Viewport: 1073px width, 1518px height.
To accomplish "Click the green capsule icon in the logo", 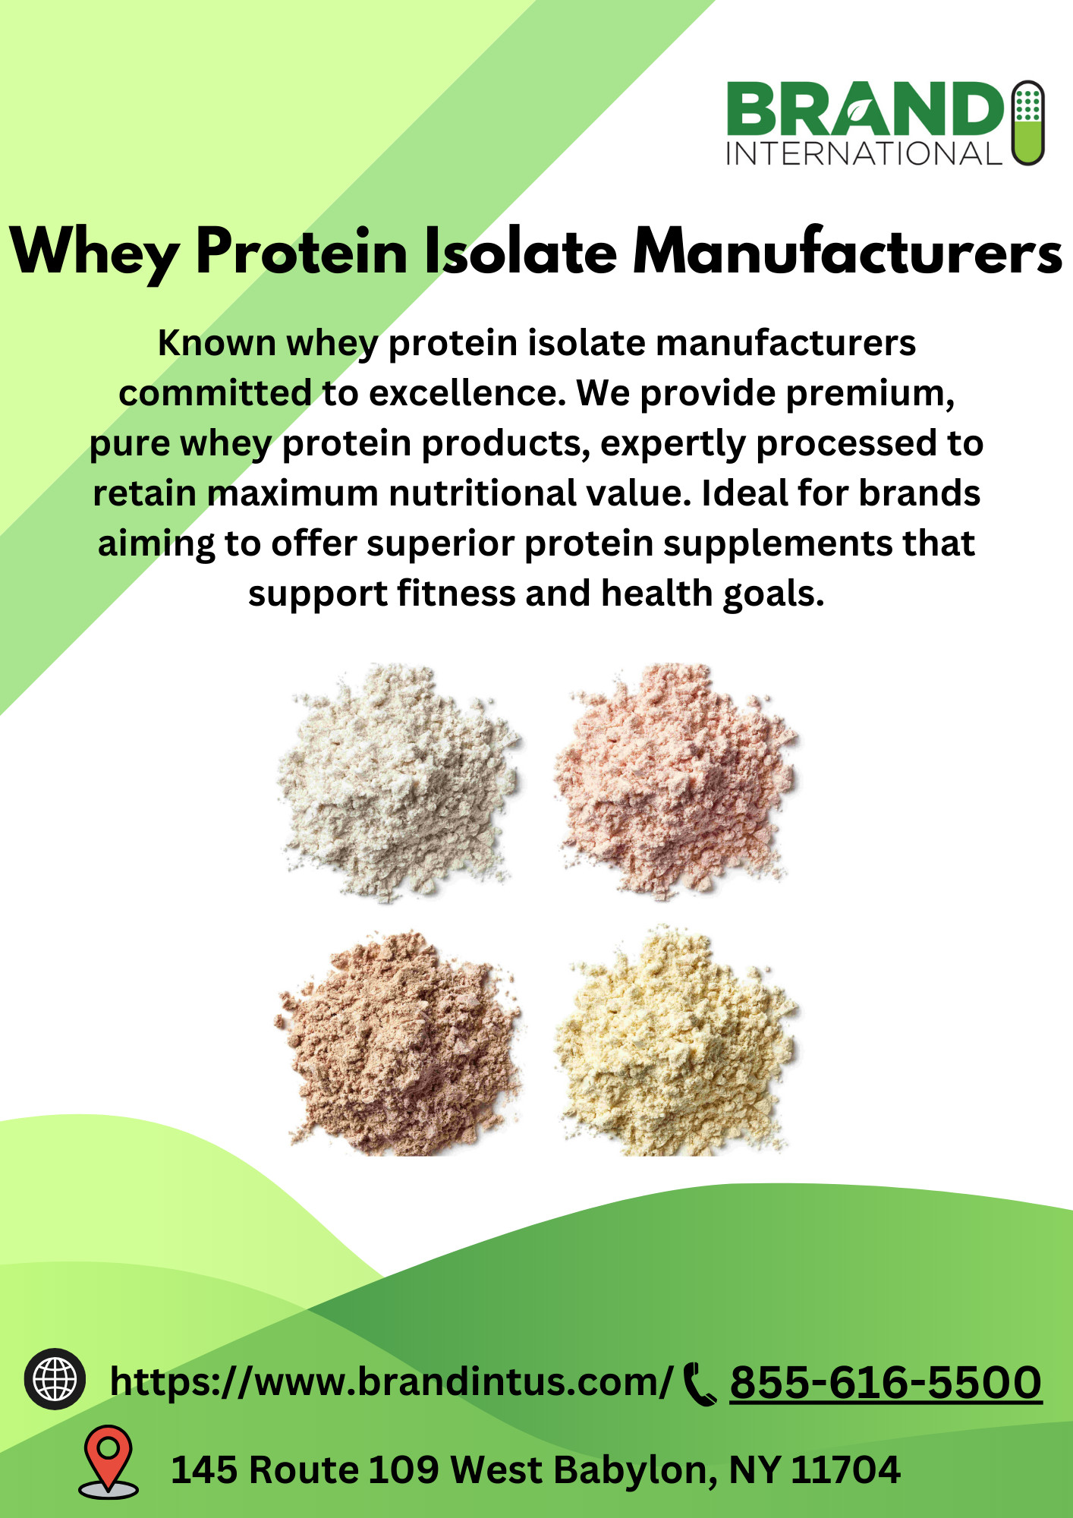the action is click(x=1028, y=123).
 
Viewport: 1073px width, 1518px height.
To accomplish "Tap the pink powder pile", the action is click(x=675, y=782).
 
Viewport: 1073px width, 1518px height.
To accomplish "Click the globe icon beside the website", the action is click(x=55, y=1379).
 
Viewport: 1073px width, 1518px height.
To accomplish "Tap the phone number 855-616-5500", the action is click(x=886, y=1382).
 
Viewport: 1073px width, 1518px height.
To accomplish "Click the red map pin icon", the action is click(x=109, y=1462).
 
